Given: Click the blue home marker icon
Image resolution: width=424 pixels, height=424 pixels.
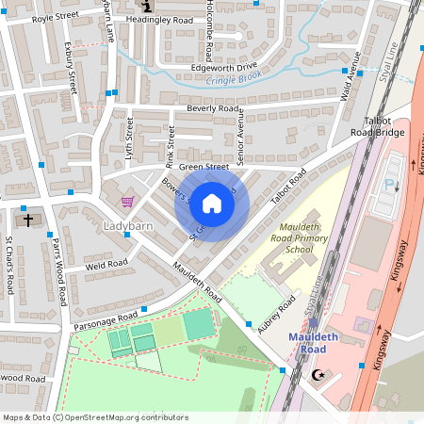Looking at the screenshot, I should [x=212, y=203].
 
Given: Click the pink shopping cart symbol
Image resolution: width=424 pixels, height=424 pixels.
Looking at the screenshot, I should [x=128, y=201].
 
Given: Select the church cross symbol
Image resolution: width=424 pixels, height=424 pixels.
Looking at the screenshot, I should [x=28, y=220].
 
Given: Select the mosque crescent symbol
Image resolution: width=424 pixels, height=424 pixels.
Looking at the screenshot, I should [x=317, y=375].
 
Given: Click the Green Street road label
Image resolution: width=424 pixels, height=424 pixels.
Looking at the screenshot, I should [x=204, y=167].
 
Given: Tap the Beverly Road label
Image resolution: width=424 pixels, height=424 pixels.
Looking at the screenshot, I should [x=213, y=108].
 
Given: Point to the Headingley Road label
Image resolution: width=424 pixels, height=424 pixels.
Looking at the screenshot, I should [x=185, y=20].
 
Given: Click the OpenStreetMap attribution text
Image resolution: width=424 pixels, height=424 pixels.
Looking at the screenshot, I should [x=95, y=416].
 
